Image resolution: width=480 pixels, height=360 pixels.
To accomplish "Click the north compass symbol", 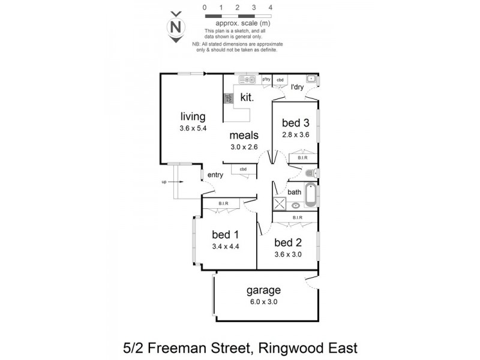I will (x=175, y=27).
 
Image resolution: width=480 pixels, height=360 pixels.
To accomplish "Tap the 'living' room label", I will (x=193, y=116).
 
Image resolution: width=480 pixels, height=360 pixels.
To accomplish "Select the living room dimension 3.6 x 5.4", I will (x=193, y=128).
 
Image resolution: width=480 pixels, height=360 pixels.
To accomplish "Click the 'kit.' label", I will (x=247, y=97).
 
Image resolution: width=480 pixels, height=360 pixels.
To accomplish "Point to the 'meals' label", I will (x=244, y=135).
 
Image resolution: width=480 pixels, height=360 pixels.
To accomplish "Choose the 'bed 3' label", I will (x=295, y=123).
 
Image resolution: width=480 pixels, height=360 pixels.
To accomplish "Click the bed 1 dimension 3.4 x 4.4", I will (x=226, y=246).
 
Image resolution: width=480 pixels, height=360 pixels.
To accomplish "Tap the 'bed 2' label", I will (x=287, y=242).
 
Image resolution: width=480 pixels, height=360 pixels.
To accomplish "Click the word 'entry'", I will (x=215, y=175).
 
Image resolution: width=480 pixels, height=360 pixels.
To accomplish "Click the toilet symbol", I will (x=310, y=173).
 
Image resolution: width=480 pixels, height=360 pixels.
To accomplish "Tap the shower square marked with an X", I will (x=279, y=203).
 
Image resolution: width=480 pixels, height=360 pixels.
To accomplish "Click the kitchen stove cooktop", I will (x=228, y=100).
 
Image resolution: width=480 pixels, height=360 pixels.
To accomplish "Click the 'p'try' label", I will (x=267, y=79).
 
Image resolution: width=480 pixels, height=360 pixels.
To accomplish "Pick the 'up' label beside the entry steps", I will (x=163, y=181).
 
